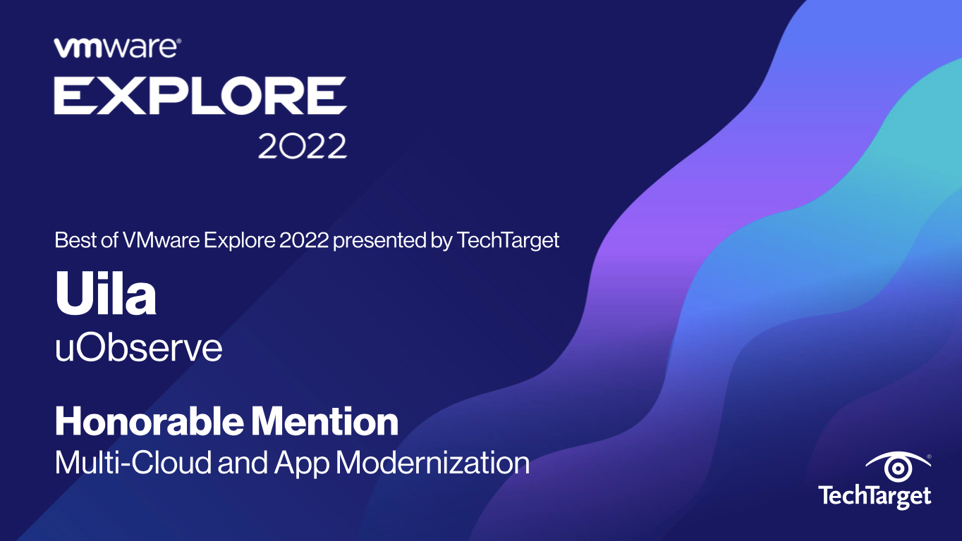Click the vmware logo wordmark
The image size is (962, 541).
pyautogui.click(x=115, y=48)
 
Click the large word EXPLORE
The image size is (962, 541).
pyautogui.click(x=200, y=96)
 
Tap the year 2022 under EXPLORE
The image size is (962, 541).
pyautogui.click(x=303, y=146)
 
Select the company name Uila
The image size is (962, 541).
pyautogui.click(x=106, y=294)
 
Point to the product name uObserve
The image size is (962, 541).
pyautogui.click(x=139, y=347)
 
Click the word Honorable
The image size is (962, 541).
pyautogui.click(x=150, y=421)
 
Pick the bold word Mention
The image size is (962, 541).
pyautogui.click(x=324, y=421)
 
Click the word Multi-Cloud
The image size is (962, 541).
pyautogui.click(x=133, y=463)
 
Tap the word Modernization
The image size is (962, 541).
pyautogui.click(x=432, y=463)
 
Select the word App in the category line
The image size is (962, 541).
pyautogui.click(x=301, y=464)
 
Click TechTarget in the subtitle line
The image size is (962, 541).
pyautogui.click(x=508, y=241)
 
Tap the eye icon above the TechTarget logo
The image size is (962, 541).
pyautogui.click(x=898, y=466)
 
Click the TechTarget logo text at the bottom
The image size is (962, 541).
pyautogui.click(x=875, y=497)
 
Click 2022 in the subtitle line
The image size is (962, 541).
pyautogui.click(x=304, y=240)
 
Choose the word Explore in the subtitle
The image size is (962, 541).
pyautogui.click(x=239, y=241)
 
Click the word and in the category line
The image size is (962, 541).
pyautogui.click(x=243, y=463)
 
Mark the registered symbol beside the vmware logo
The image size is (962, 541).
pyautogui.click(x=178, y=41)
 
